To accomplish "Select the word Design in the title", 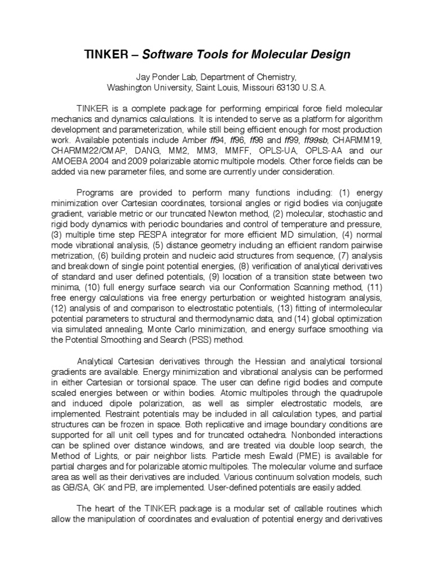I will [329, 55].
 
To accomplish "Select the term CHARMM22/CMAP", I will [86, 151].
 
